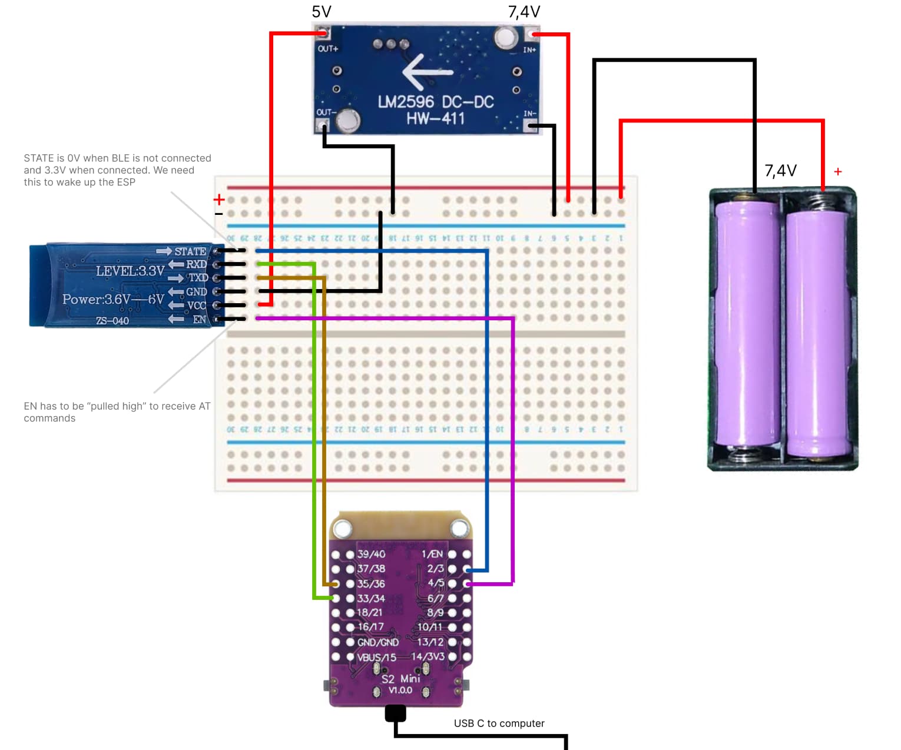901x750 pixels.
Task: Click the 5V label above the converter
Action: pyautogui.click(x=322, y=12)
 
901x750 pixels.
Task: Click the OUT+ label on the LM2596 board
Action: pyautogui.click(x=328, y=49)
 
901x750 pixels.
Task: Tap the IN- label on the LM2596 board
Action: pyautogui.click(x=529, y=113)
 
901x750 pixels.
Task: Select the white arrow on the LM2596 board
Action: pyautogui.click(x=428, y=72)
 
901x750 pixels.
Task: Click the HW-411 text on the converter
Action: pyautogui.click(x=435, y=118)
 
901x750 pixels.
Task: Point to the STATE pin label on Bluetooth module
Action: pyautogui.click(x=190, y=251)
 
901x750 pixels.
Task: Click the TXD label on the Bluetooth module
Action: pyautogui.click(x=198, y=277)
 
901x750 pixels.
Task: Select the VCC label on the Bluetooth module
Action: pyautogui.click(x=197, y=306)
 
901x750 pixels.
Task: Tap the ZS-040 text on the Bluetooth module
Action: pyautogui.click(x=112, y=321)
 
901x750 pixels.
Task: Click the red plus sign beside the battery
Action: pyautogui.click(x=838, y=171)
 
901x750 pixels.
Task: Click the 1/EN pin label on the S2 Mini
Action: pyautogui.click(x=432, y=554)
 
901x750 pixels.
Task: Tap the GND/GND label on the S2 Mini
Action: pyautogui.click(x=378, y=642)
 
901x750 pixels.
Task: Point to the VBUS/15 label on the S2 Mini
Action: pyautogui.click(x=377, y=657)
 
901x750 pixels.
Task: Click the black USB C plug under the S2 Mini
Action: pyautogui.click(x=395, y=714)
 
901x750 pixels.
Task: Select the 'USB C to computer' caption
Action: pyautogui.click(x=499, y=724)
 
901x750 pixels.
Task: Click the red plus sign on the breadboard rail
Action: pyautogui.click(x=219, y=200)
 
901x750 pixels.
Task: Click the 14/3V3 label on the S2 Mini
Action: pyautogui.click(x=428, y=656)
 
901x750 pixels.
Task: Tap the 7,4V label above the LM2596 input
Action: pyautogui.click(x=524, y=12)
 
